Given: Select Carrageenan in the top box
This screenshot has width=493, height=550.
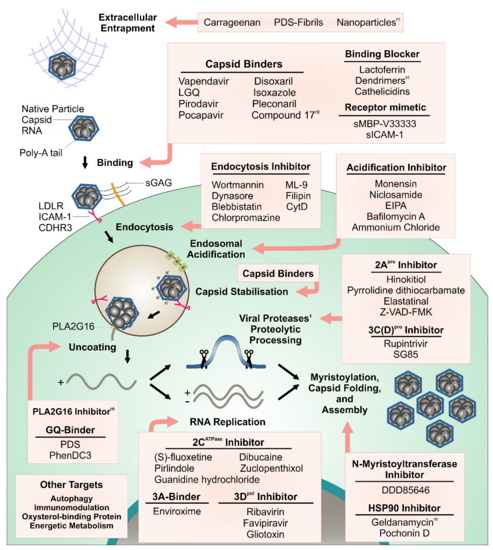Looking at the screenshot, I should coord(232,23).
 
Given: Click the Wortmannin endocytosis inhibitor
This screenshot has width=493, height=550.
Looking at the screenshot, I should coord(238,185).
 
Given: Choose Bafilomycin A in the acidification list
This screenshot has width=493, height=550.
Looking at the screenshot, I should coord(395,216).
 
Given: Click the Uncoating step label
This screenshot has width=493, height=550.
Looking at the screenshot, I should coord(92,348).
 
